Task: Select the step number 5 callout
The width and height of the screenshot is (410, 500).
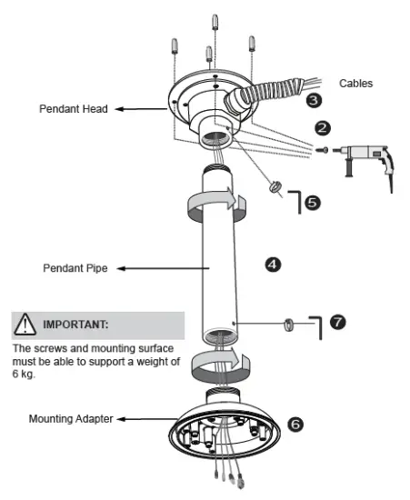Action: point(312,203)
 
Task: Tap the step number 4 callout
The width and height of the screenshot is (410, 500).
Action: point(272,265)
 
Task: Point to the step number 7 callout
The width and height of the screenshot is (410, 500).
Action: point(337,323)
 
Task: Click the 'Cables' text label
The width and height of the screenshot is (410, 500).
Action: point(357,83)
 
